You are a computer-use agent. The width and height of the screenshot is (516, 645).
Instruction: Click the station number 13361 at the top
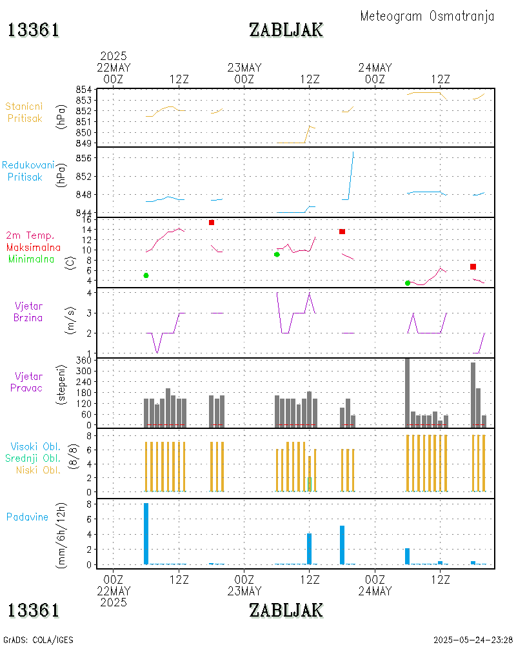coord(34,30)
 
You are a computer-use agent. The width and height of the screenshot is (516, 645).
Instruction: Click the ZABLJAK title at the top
coord(286,30)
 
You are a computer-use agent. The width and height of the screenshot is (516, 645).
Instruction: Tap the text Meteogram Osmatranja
coord(427,16)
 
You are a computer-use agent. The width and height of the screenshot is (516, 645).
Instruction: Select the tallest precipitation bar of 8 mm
coord(146,533)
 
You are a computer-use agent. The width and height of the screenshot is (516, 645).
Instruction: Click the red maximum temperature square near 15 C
coord(212,223)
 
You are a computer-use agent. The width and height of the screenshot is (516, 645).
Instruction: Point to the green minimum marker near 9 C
coord(277,254)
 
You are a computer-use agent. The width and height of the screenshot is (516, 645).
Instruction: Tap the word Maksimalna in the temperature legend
coord(34,247)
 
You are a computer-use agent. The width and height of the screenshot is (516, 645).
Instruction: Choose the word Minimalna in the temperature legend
coord(32,259)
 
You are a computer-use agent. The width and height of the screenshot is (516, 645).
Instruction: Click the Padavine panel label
coord(28,517)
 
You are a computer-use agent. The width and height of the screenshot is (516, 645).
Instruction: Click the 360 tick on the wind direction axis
coord(84,361)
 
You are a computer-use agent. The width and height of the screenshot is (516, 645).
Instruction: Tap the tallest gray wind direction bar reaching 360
coord(407,392)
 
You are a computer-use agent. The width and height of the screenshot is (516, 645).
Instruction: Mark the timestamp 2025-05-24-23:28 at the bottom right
coord(472,640)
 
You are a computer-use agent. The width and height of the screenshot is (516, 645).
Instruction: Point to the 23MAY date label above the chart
coord(244,68)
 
